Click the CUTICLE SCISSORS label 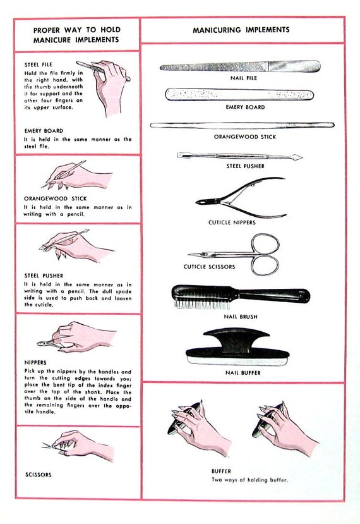tap(209, 267)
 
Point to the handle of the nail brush tap(278, 295)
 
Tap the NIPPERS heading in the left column tap(37, 363)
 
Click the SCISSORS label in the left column tap(39, 473)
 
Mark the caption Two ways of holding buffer tap(249, 480)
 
